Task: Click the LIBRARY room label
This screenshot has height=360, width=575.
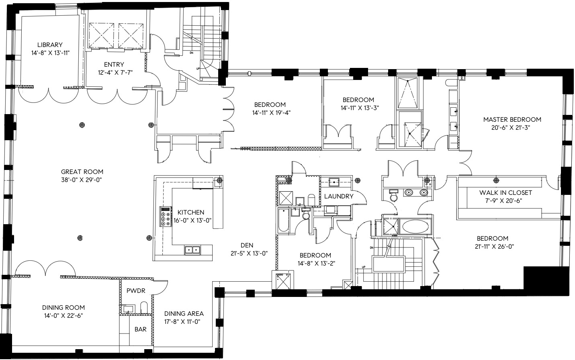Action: [50, 45]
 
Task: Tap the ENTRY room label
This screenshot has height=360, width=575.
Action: [114, 64]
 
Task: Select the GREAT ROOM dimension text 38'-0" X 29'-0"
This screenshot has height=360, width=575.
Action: [82, 180]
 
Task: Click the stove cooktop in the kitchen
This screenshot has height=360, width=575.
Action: [166, 217]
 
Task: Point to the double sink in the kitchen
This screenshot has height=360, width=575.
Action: [192, 250]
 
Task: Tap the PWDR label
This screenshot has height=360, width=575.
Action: [136, 290]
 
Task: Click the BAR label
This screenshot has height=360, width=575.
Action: [140, 329]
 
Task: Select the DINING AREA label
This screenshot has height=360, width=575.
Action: [184, 313]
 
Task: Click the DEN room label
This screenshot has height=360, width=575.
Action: [247, 245]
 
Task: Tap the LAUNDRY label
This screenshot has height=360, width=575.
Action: [339, 196]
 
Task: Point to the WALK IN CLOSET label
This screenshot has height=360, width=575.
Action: [505, 192]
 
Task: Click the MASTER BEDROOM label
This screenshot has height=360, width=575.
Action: [512, 119]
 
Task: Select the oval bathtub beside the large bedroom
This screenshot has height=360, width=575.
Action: [415, 227]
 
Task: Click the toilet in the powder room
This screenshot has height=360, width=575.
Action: [144, 307]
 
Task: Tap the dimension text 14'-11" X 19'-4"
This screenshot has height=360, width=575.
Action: [271, 112]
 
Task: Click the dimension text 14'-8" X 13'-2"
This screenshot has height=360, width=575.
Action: [317, 263]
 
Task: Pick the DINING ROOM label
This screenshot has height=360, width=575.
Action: [63, 307]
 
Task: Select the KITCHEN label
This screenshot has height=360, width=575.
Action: [191, 212]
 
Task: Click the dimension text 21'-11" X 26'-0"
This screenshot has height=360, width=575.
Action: [494, 247]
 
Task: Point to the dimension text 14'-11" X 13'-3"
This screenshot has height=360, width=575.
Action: [360, 108]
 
